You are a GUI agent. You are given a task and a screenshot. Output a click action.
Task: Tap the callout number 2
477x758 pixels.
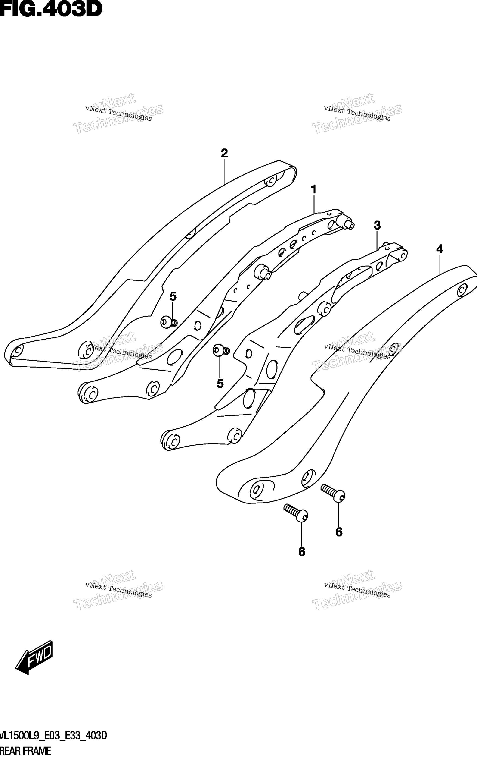click(x=224, y=153)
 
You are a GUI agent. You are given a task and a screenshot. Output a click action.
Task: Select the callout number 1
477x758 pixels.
click(x=313, y=189)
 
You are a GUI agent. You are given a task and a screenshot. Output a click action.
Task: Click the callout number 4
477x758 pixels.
click(x=440, y=249)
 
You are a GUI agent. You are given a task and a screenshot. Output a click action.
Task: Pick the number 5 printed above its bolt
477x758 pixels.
click(x=173, y=296)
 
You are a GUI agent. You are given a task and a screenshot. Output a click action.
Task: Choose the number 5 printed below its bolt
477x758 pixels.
click(x=220, y=384)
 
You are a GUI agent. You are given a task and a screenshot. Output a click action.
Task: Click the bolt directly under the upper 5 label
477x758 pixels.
click(x=169, y=322)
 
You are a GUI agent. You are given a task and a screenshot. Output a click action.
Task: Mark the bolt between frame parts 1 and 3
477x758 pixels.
click(x=221, y=350)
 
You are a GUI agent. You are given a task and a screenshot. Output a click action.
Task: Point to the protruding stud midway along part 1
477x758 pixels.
click(x=263, y=272)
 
